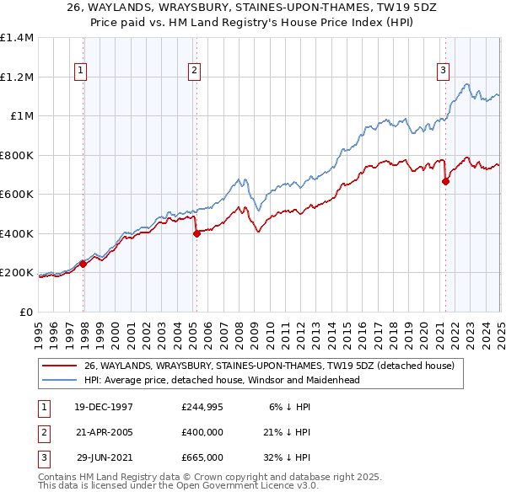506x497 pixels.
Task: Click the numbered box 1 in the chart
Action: (80, 72)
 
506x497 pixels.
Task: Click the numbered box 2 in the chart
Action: (194, 72)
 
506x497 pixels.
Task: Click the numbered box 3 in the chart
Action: (443, 72)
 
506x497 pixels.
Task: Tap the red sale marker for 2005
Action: (196, 234)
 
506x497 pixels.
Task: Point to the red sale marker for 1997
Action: (83, 264)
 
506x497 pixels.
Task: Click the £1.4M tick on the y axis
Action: (16, 38)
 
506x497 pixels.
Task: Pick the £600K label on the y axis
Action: (16, 195)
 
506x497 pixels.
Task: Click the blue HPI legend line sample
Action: (61, 380)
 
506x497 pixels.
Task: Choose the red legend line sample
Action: (61, 366)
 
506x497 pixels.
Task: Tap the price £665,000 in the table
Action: (202, 457)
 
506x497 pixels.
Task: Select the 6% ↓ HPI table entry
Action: (288, 407)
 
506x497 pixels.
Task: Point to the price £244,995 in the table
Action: (202, 407)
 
